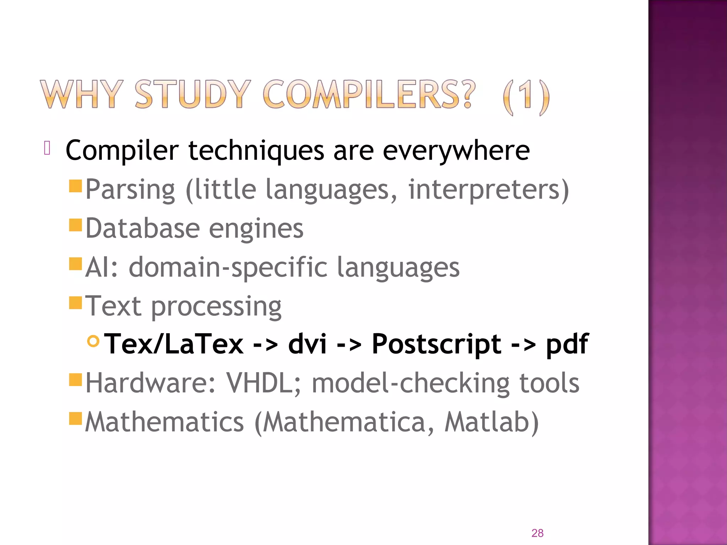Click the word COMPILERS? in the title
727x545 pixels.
click(x=368, y=94)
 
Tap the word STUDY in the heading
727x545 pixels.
click(x=193, y=94)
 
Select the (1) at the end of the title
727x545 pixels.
click(x=526, y=97)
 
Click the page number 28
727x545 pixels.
click(x=537, y=533)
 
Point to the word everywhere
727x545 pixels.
click(x=456, y=151)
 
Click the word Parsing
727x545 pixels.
click(x=130, y=190)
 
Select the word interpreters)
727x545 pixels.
click(x=488, y=190)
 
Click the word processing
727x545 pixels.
click(x=216, y=307)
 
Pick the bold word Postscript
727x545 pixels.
click(x=436, y=344)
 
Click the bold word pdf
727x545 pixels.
click(x=567, y=344)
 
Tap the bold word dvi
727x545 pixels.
click(x=307, y=344)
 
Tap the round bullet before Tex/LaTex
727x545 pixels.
click(x=93, y=341)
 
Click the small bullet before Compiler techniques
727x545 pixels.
click(x=47, y=148)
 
